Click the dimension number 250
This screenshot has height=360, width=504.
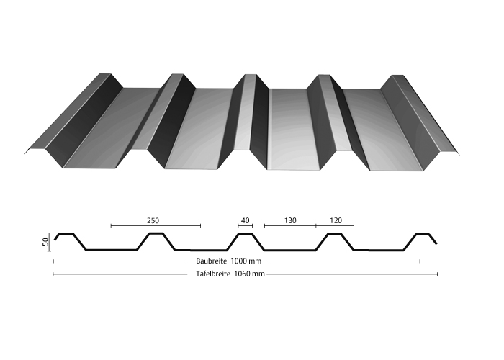[x=153, y=221]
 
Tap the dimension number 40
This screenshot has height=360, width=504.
[x=245, y=221]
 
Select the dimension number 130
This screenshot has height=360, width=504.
[x=290, y=221]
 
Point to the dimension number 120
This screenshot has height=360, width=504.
[x=336, y=221]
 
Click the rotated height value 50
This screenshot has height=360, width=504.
[x=45, y=241]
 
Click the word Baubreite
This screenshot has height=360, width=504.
[x=211, y=261]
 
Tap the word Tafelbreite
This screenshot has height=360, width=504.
[x=213, y=274]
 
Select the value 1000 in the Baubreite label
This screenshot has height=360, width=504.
[x=238, y=261]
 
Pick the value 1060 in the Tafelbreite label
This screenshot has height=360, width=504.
[x=242, y=274]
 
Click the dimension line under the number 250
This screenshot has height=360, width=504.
[x=156, y=225]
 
